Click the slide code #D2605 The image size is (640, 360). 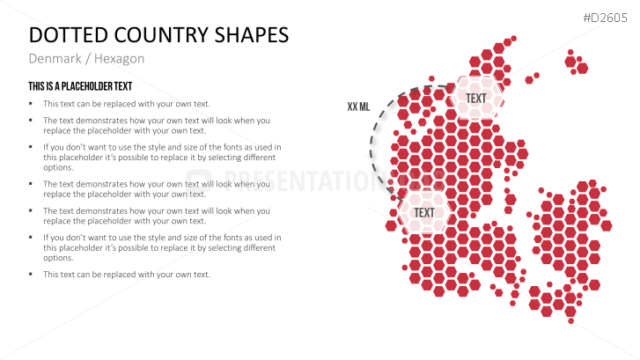pyautogui.click(x=605, y=18)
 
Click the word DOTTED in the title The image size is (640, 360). pyautogui.click(x=69, y=35)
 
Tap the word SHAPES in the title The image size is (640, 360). pyautogui.click(x=252, y=35)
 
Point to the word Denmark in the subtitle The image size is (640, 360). pyautogui.click(x=55, y=59)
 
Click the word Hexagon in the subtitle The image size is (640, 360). pyautogui.click(x=119, y=59)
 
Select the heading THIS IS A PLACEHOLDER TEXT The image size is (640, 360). pyautogui.click(x=80, y=86)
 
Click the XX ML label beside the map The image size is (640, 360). pyautogui.click(x=358, y=107)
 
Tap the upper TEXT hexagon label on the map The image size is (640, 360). pyautogui.click(x=476, y=99)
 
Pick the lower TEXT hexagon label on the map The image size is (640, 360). pyautogui.click(x=424, y=213)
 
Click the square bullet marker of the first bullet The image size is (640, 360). pyautogui.click(x=31, y=104)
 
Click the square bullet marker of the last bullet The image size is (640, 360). pyautogui.click(x=31, y=275)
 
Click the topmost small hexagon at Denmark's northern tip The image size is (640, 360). pyautogui.click(x=513, y=39)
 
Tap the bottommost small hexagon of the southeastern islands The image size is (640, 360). pyautogui.click(x=571, y=320)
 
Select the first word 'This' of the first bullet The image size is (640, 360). pyautogui.click(x=50, y=104)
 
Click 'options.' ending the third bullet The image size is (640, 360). pyautogui.click(x=58, y=168)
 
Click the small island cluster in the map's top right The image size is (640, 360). pyautogui.click(x=576, y=62)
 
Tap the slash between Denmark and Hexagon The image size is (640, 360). pyautogui.click(x=88, y=59)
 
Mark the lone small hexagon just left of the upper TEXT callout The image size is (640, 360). pyautogui.click(x=431, y=78)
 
